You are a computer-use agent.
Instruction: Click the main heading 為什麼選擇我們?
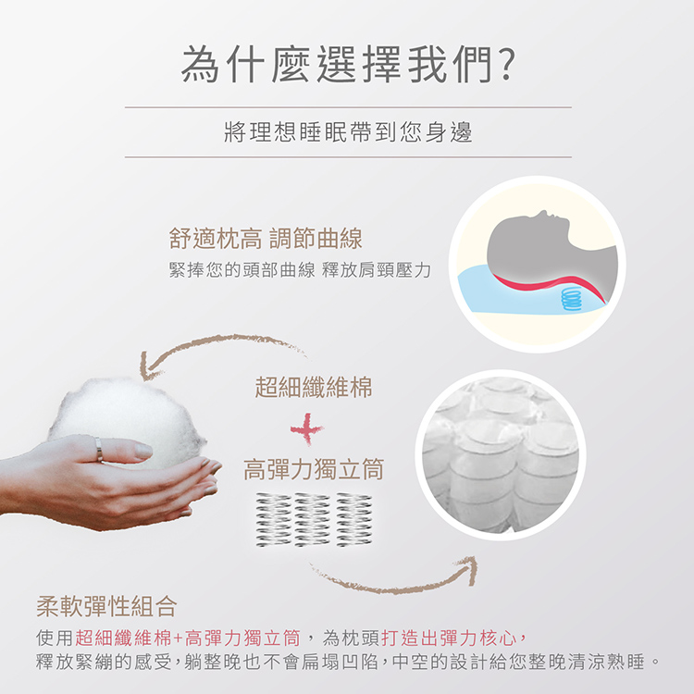[348, 65]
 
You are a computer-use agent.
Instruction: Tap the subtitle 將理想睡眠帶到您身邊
[348, 132]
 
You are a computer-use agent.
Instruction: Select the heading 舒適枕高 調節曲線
[266, 239]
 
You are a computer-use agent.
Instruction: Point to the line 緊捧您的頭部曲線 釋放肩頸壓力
[300, 270]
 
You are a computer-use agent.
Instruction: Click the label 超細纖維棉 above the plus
[314, 388]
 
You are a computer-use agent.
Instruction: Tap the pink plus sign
[307, 428]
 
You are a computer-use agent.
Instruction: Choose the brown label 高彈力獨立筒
[314, 469]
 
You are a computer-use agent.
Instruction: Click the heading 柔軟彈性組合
[106, 606]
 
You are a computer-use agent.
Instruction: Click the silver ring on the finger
[99, 450]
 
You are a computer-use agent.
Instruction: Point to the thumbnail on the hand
[143, 451]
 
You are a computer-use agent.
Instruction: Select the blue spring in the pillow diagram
[572, 298]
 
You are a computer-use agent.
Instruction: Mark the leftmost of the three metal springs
[272, 520]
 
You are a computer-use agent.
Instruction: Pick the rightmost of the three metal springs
[354, 520]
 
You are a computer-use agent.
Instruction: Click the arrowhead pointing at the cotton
[148, 368]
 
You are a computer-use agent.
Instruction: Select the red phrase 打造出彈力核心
[449, 638]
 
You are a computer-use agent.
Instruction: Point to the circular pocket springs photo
[501, 455]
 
